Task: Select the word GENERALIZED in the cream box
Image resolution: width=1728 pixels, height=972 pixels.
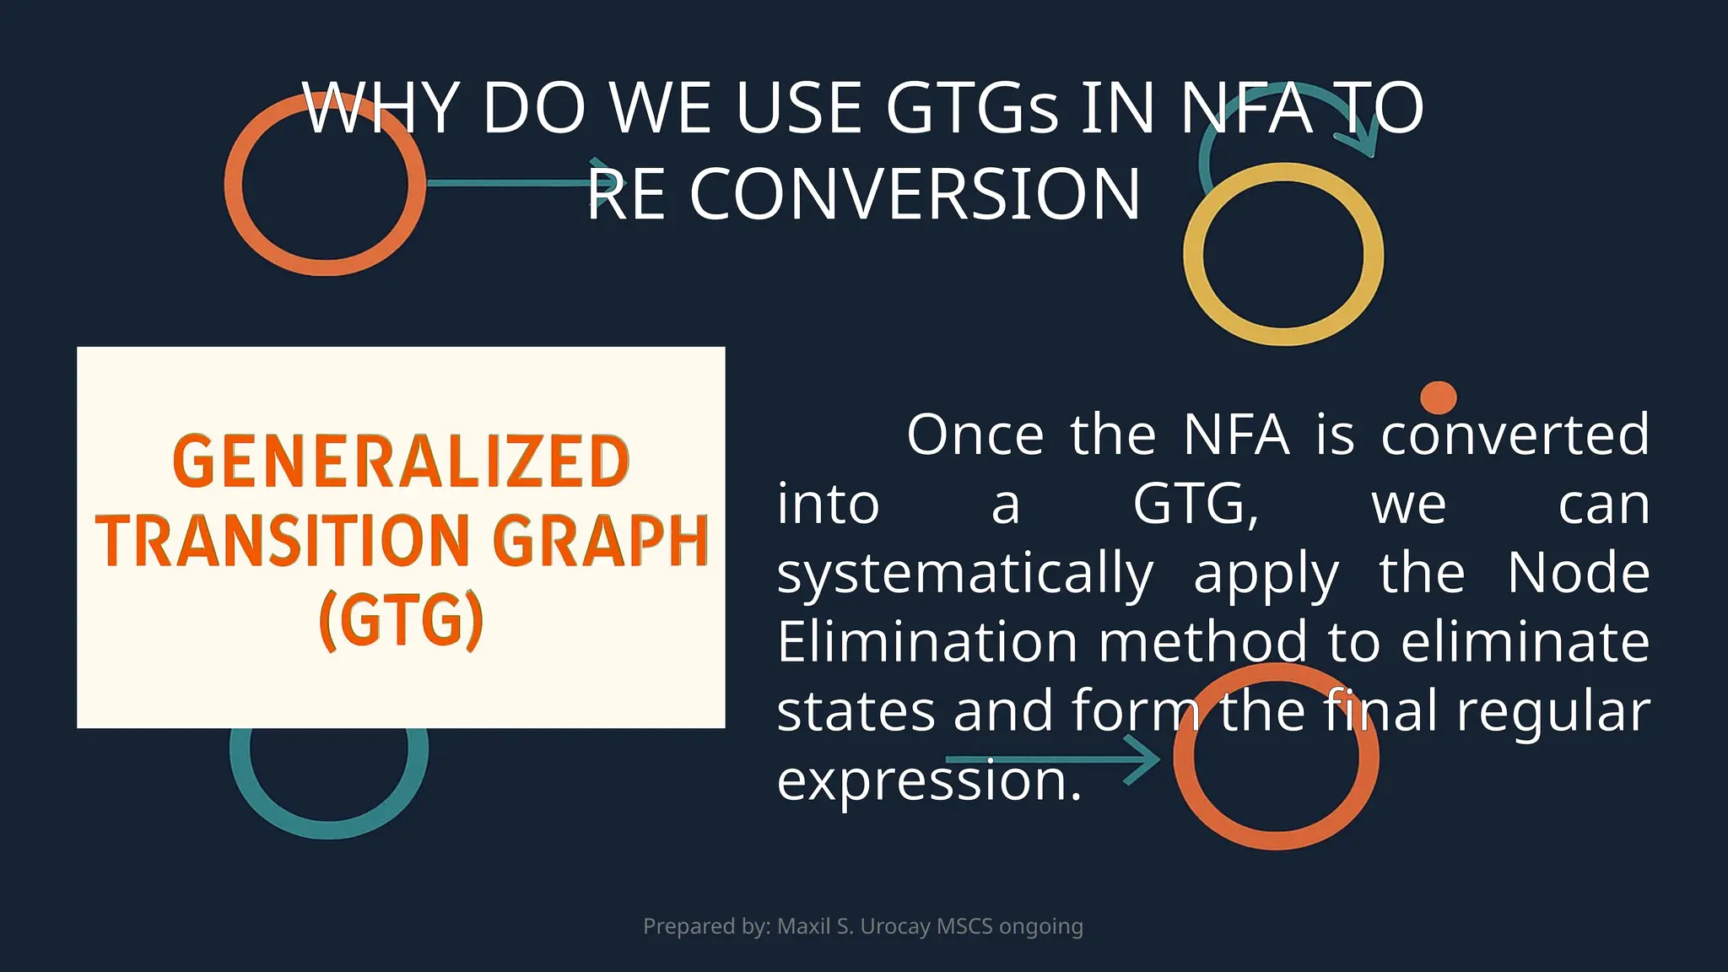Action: click(401, 462)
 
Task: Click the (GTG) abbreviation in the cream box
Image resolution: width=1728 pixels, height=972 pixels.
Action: click(401, 620)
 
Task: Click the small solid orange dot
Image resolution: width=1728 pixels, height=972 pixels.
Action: click(1438, 397)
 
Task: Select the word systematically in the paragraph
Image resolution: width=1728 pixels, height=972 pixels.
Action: click(965, 574)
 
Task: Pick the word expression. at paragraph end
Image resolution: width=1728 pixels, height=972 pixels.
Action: click(929, 780)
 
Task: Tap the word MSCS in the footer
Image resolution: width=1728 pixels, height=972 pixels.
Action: click(964, 926)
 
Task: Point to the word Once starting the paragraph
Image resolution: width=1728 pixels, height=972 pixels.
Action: click(975, 435)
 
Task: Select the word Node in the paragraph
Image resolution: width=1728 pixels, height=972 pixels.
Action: click(1578, 574)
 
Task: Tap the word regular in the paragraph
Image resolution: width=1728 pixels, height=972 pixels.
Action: click(1552, 711)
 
